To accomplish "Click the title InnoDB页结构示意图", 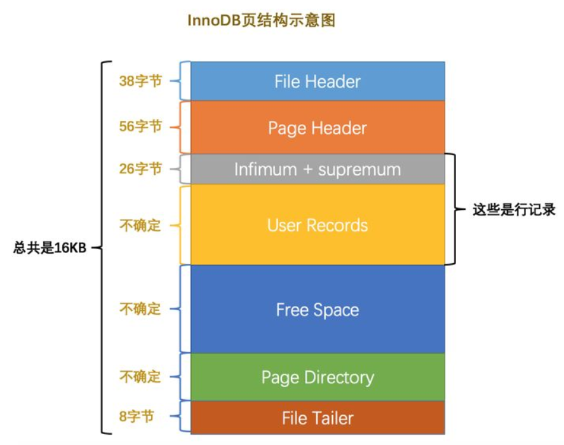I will (x=261, y=21).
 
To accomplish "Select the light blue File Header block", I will (x=318, y=81).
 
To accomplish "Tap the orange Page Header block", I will (x=318, y=128).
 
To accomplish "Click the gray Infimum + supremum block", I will (x=318, y=170).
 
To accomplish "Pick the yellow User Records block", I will (x=318, y=225).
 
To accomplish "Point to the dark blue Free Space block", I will (x=318, y=310).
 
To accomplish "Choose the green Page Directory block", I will (x=318, y=377).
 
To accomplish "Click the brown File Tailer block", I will (x=318, y=418).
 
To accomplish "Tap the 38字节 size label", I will (x=140, y=81).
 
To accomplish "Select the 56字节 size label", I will (x=140, y=127).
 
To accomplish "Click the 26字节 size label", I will (x=140, y=169).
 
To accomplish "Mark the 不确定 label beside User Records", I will (x=140, y=225).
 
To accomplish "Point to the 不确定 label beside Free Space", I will (x=140, y=309).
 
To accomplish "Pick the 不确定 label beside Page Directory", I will (x=140, y=376).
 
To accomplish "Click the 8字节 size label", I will (x=137, y=416).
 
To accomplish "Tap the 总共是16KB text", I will (x=50, y=248).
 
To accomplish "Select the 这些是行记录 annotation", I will (x=514, y=210).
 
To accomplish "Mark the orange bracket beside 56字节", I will (x=182, y=127).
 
